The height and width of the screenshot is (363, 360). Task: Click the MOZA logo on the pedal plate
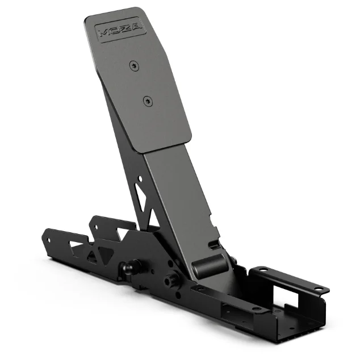[120, 30]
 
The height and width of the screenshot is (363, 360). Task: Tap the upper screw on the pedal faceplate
[134, 66]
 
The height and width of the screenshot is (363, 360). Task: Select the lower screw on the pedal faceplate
[148, 101]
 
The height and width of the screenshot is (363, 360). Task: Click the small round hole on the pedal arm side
[140, 179]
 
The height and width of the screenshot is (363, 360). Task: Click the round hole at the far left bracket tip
[49, 240]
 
